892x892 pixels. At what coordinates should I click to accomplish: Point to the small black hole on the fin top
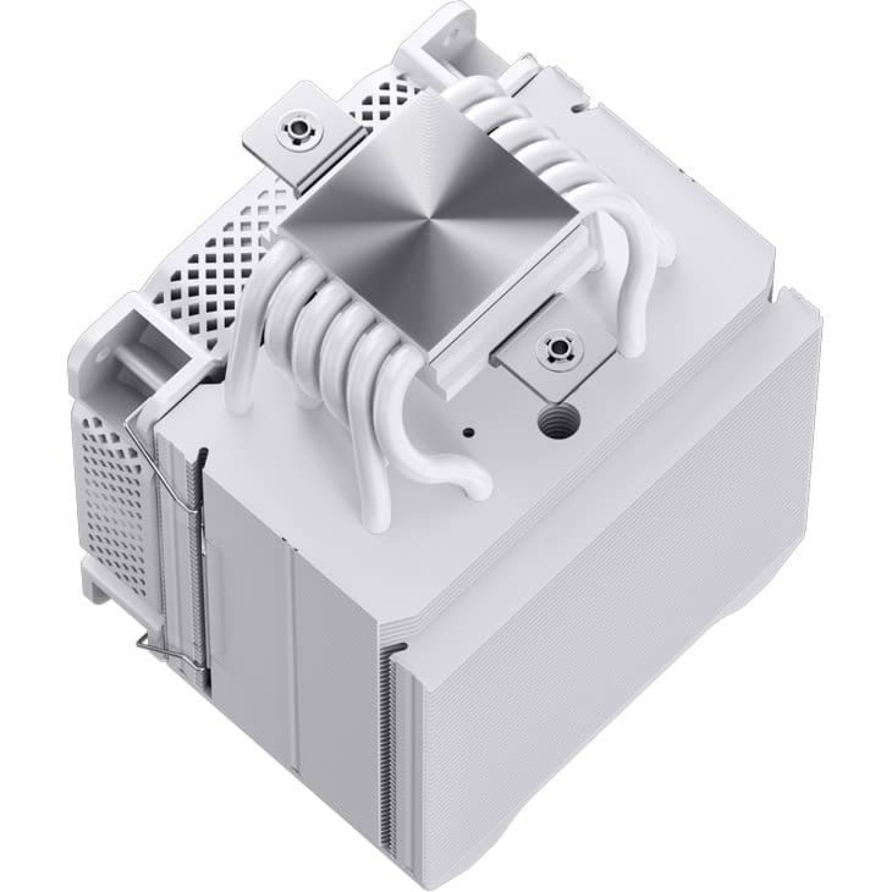point(469,431)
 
